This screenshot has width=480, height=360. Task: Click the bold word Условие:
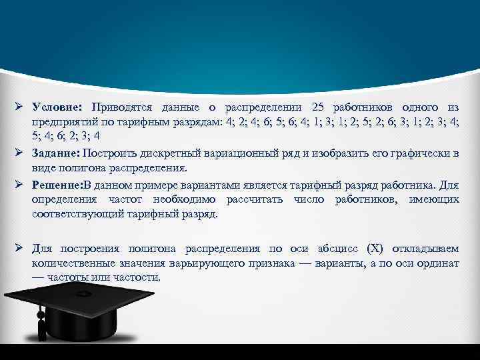[56, 107]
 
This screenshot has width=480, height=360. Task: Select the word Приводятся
[123, 107]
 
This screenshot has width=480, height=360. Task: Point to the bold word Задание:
[57, 154]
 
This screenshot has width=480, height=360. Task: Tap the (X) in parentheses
[376, 249]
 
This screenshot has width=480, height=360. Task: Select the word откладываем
[427, 249]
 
